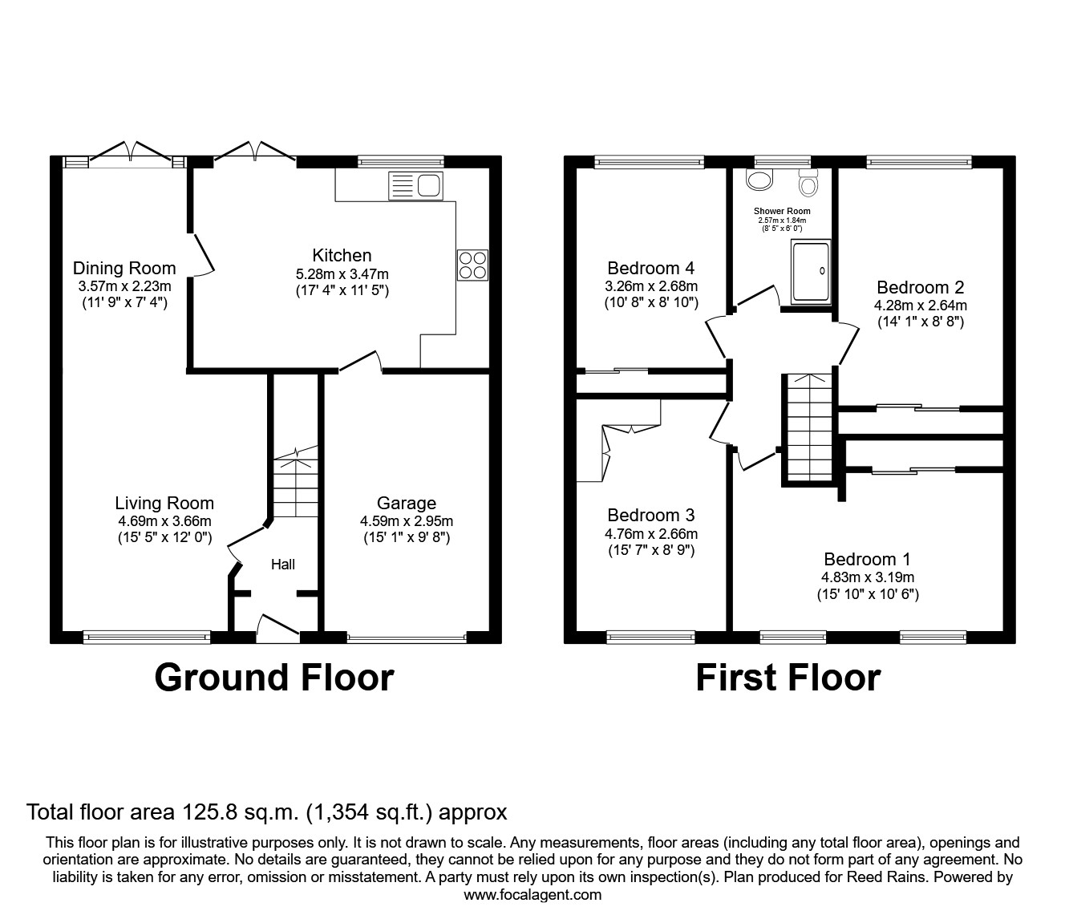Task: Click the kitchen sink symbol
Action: pyautogui.click(x=415, y=185)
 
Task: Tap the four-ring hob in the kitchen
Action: pyautogui.click(x=472, y=265)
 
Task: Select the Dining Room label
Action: pyautogui.click(x=124, y=268)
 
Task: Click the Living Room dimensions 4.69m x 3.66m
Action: pyautogui.click(x=164, y=520)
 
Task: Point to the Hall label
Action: pyautogui.click(x=282, y=565)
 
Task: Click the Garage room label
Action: pyautogui.click(x=406, y=503)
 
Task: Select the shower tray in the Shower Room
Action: pyautogui.click(x=812, y=272)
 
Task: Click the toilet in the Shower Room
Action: pyautogui.click(x=808, y=184)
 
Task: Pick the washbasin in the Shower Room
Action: pyautogui.click(x=757, y=180)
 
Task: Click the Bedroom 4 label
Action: pyautogui.click(x=650, y=268)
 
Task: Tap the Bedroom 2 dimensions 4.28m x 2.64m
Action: pyautogui.click(x=920, y=305)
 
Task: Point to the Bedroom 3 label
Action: pyautogui.click(x=650, y=515)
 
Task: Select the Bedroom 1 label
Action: pyautogui.click(x=867, y=559)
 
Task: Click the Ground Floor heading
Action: pyautogui.click(x=273, y=677)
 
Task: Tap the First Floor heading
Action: pyautogui.click(x=788, y=677)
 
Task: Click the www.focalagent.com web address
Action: pyautogui.click(x=532, y=894)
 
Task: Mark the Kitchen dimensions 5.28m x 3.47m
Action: pyautogui.click(x=342, y=273)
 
